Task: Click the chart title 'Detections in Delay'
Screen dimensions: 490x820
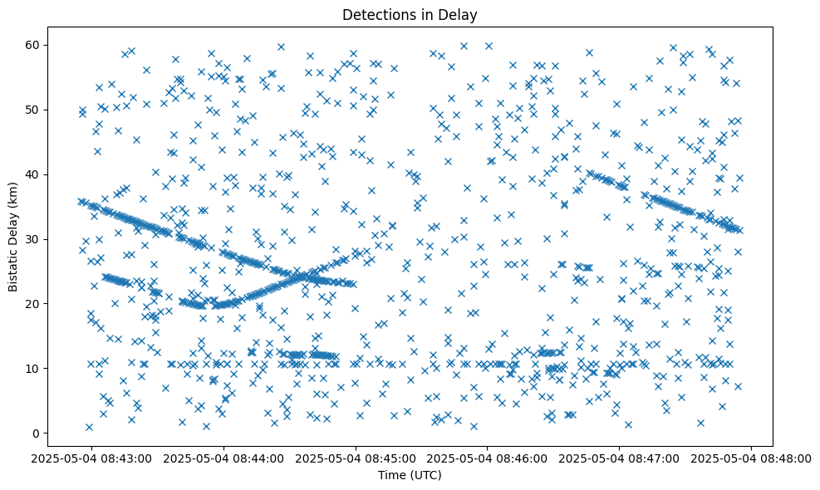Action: tap(410, 14)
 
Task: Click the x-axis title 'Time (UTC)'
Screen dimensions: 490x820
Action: tap(410, 475)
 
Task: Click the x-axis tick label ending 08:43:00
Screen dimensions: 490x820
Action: tap(92, 458)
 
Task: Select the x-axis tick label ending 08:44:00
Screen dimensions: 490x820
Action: tap(224, 458)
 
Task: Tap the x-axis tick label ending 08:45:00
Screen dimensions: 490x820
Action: tap(356, 458)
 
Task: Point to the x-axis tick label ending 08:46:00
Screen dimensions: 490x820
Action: tap(489, 458)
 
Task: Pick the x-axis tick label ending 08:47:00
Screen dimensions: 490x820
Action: tap(621, 458)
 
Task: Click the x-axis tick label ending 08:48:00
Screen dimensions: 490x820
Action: tap(753, 458)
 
